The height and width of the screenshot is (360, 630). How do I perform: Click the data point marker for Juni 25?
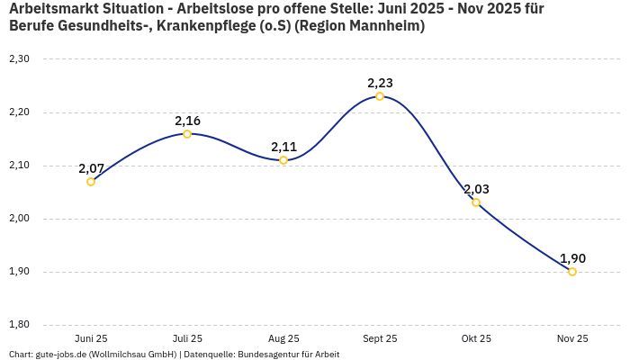pyautogui.click(x=91, y=182)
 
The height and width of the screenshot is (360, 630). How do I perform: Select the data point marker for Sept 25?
pyautogui.click(x=380, y=96)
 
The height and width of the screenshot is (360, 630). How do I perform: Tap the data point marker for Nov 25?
pyautogui.click(x=572, y=272)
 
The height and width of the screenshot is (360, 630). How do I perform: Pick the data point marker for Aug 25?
pyautogui.click(x=283, y=160)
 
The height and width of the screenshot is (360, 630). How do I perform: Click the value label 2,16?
pyautogui.click(x=187, y=121)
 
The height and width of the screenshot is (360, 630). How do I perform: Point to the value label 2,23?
pyautogui.click(x=380, y=83)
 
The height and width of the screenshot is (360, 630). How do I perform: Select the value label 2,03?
pyautogui.click(x=476, y=189)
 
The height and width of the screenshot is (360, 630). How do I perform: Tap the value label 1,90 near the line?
pyautogui.click(x=572, y=258)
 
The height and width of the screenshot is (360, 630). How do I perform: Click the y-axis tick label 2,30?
pyautogui.click(x=19, y=59)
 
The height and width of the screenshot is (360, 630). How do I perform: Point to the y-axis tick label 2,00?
pyautogui.click(x=19, y=219)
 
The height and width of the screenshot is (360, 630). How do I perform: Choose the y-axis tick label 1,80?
pyautogui.click(x=19, y=325)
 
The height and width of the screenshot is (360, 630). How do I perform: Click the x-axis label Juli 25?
pyautogui.click(x=187, y=338)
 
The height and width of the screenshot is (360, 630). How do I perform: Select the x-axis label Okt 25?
pyautogui.click(x=476, y=338)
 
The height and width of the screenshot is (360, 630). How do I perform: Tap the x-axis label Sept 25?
pyautogui.click(x=380, y=338)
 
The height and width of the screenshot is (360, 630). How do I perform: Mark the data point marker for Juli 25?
pyautogui.click(x=187, y=134)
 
